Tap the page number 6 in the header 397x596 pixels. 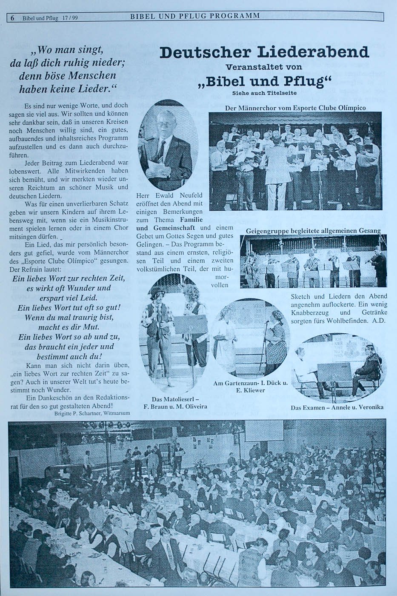click(x=13, y=18)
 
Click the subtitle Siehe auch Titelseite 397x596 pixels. click(x=264, y=93)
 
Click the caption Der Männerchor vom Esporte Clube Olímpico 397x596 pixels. click(x=295, y=108)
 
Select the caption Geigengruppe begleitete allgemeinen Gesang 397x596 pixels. click(x=313, y=231)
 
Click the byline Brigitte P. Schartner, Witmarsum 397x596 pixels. click(x=92, y=413)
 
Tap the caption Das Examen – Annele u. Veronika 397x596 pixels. click(x=337, y=407)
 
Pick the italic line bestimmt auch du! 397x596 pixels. click(x=69, y=356)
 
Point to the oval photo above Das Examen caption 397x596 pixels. click(x=338, y=368)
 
